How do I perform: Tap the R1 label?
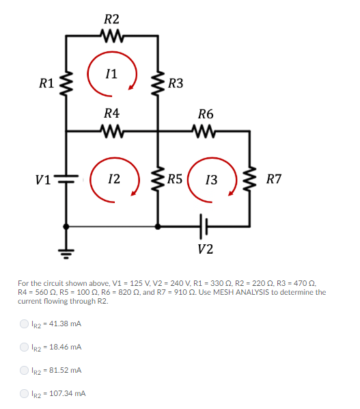(46, 84)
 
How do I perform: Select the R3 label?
(176, 84)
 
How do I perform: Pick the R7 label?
(274, 180)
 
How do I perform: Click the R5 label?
(174, 180)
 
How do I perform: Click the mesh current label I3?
(211, 180)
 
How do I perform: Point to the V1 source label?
(43, 180)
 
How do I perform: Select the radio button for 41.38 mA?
(25, 324)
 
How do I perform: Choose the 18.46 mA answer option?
(25, 347)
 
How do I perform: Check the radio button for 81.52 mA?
(25, 370)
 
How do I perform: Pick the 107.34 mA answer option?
(25, 393)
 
